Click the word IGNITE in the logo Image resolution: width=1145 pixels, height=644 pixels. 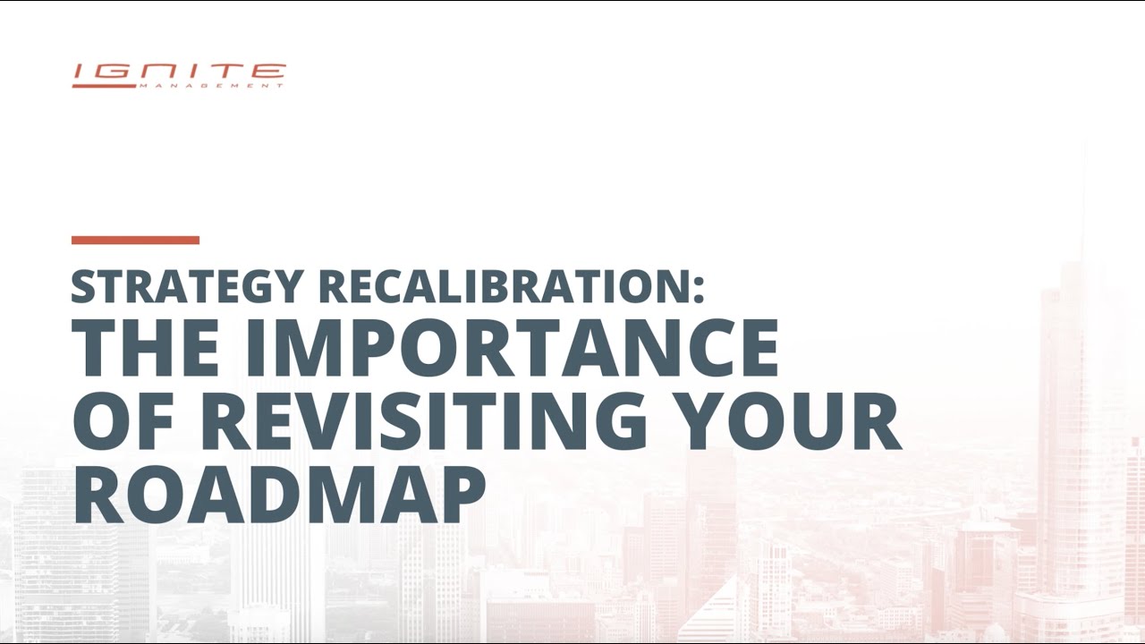point(179,72)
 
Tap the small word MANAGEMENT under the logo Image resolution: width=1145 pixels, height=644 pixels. point(211,86)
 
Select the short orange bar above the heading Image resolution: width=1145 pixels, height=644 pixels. point(135,240)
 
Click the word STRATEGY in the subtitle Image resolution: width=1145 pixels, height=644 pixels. point(187,286)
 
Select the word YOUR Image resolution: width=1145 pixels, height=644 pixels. point(787,422)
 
